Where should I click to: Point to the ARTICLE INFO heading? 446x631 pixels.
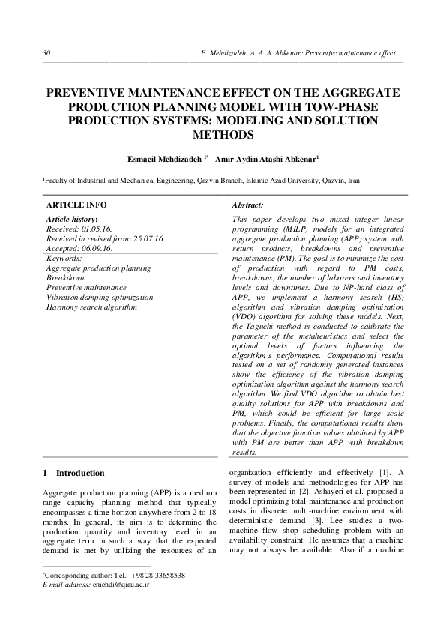tap(76, 205)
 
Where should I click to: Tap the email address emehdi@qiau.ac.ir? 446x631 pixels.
tap(121, 584)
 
